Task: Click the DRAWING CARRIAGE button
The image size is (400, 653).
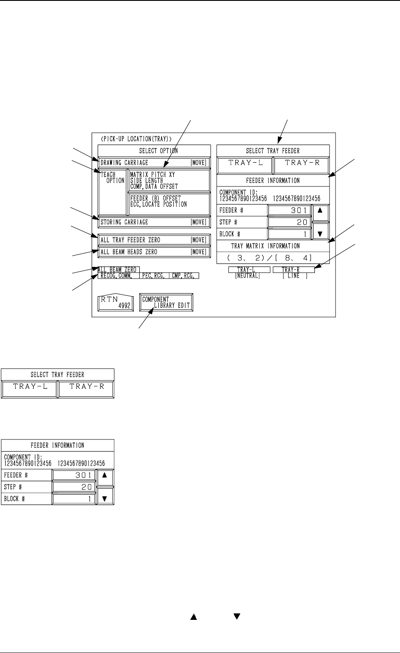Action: coord(154,163)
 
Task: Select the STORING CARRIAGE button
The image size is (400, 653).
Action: coord(154,222)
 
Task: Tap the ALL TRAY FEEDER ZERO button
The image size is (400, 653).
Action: coord(154,240)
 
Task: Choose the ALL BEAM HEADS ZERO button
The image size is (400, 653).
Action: coord(154,252)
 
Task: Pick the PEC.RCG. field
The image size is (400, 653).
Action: coord(154,276)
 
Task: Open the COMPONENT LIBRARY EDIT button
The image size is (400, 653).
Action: coord(166,303)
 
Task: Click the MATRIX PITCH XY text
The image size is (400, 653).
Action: coord(153,175)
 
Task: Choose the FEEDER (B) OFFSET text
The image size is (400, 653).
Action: coord(156,198)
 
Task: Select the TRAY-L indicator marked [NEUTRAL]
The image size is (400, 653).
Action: coord(249,272)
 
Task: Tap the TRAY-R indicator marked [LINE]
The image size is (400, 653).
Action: coord(294,272)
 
